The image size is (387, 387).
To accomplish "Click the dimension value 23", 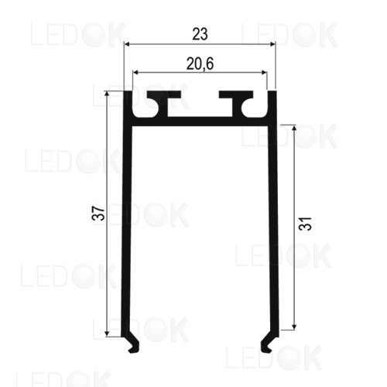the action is coord(200,34).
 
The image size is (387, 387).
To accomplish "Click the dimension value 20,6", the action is coord(200,63).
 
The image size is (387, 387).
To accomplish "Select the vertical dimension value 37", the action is coord(98,213).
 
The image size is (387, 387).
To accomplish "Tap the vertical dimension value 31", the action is coord(306,224).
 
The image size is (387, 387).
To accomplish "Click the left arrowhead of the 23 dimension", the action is coord(127,44).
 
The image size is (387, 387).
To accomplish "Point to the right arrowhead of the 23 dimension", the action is coord(272,44).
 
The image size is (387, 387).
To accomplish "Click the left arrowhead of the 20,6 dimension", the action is coord(135,73).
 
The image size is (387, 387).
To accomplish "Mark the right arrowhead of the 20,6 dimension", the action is coord(264,73).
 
